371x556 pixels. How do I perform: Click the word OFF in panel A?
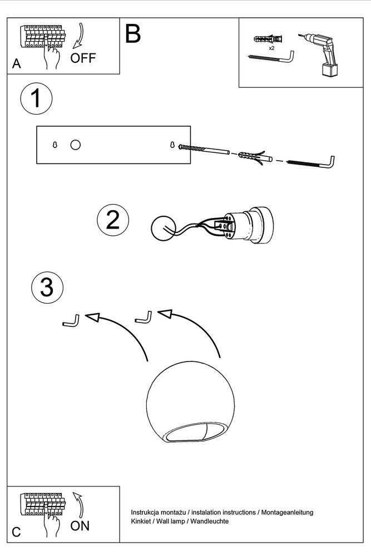coord(83,58)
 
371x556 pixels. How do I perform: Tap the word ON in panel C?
coord(80,526)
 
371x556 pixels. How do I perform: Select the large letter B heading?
coord(133,34)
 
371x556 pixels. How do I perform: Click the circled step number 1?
coord(36,98)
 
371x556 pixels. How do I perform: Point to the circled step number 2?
coord(113,220)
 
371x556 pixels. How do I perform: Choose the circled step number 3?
coord(47,287)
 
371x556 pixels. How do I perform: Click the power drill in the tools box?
coord(319,53)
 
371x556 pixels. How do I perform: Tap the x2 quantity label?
coord(271,48)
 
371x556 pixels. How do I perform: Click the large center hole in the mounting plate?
coord(76,145)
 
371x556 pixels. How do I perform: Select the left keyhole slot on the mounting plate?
coord(55,145)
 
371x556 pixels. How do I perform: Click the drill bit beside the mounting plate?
coord(203,149)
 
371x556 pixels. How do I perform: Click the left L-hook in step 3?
coord(71,321)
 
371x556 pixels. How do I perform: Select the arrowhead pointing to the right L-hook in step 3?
coord(165,314)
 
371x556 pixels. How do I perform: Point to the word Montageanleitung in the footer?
coord(288,513)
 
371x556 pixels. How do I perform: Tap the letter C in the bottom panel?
coord(16,532)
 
